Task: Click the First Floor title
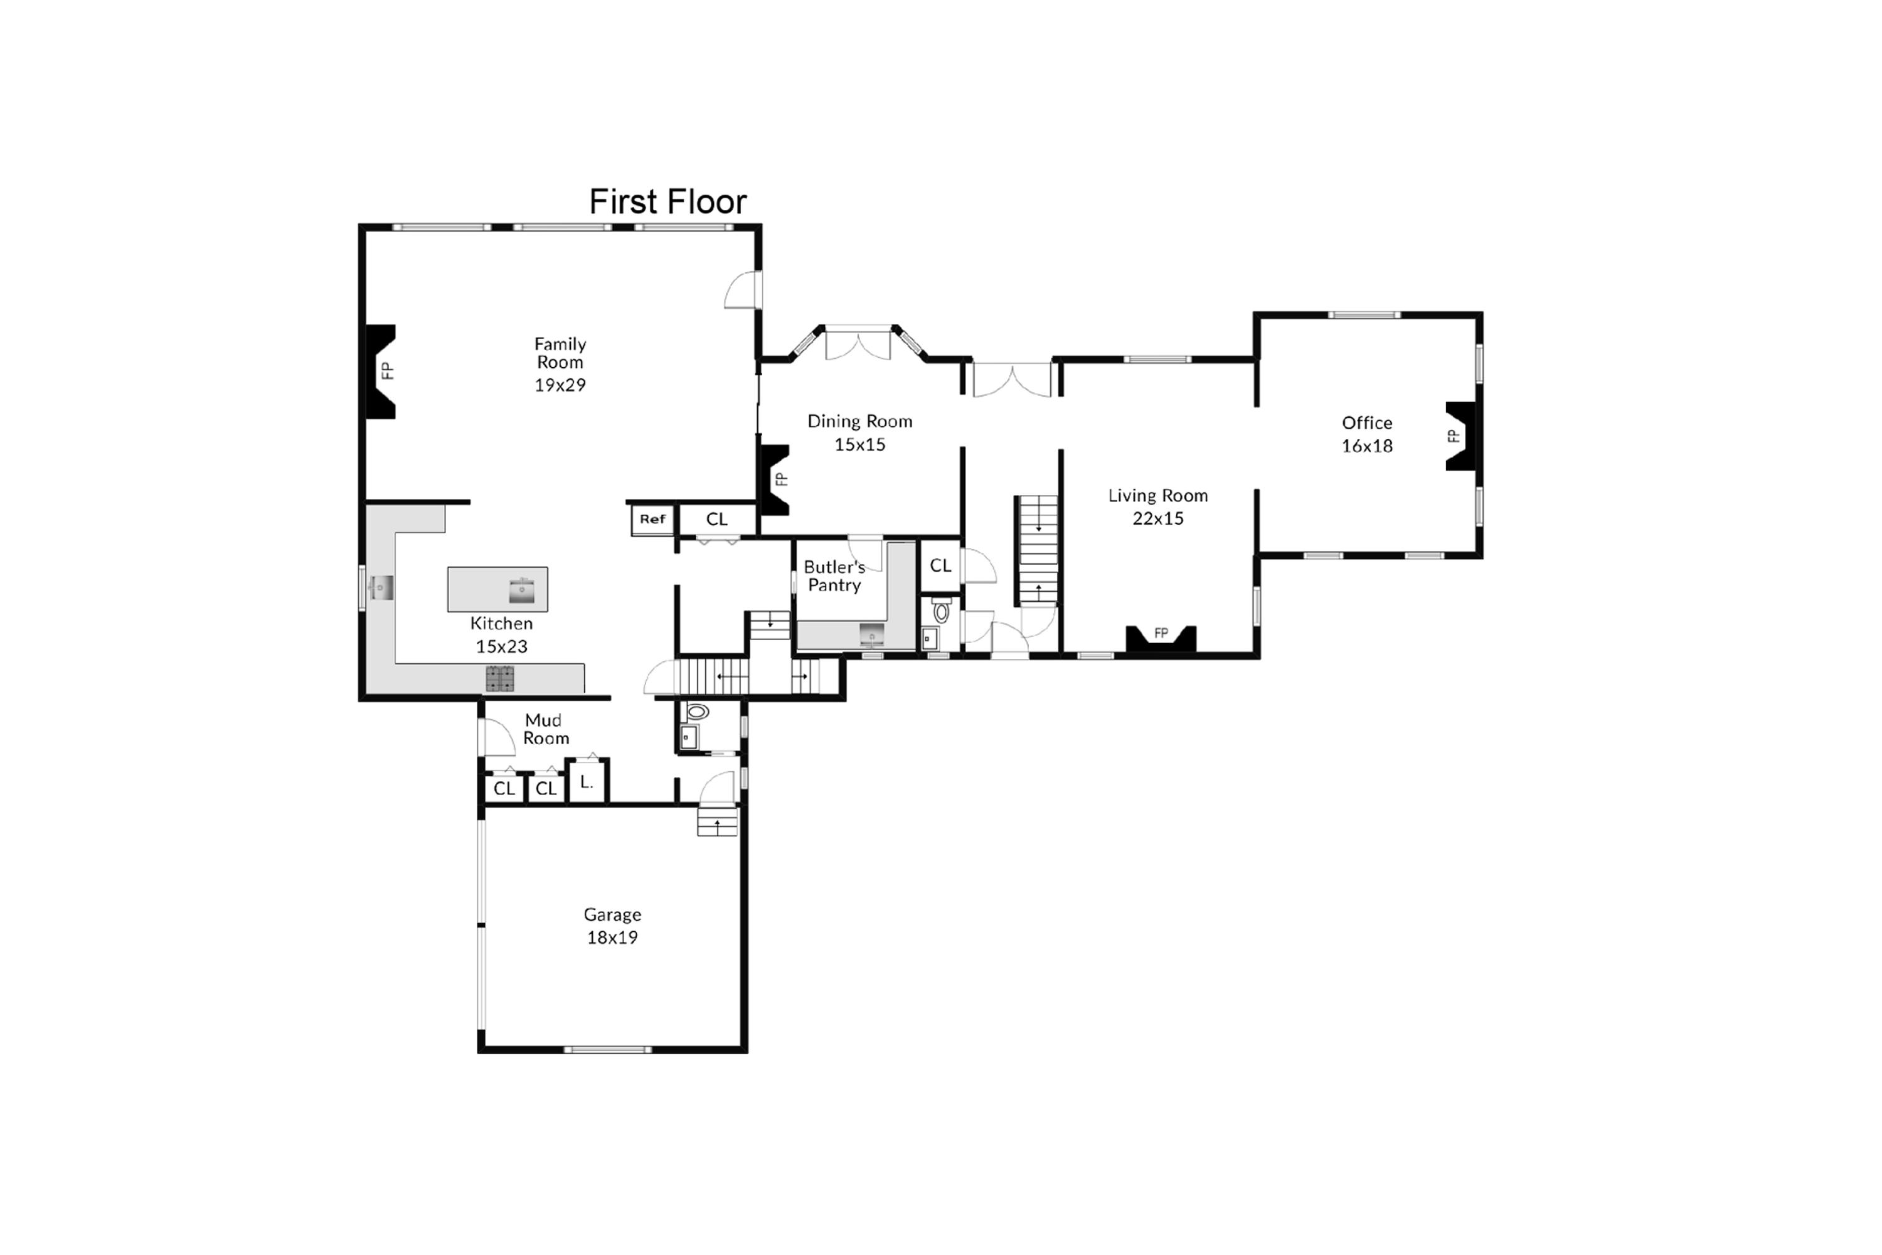tap(667, 201)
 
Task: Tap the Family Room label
tap(560, 353)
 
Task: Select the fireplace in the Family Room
tap(381, 371)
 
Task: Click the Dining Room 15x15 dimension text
tap(859, 444)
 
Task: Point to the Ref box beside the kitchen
tap(652, 520)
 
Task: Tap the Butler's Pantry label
tap(834, 576)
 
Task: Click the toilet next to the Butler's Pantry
tap(942, 611)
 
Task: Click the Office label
tap(1367, 422)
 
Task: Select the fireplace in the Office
tap(1460, 436)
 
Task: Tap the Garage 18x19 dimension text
tap(612, 937)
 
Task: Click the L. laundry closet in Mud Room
tap(587, 782)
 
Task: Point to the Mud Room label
tap(546, 729)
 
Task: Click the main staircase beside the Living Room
tap(1038, 550)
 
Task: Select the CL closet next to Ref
tap(717, 520)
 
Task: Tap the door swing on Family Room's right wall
tap(742, 291)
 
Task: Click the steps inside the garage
tap(717, 822)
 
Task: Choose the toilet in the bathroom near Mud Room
tap(698, 711)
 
